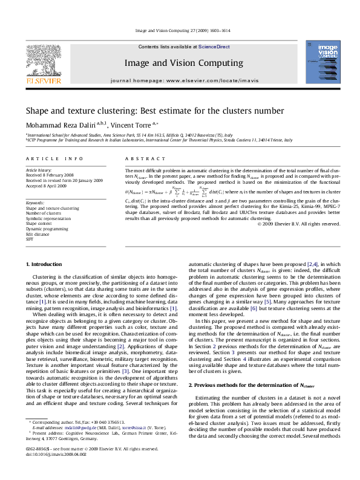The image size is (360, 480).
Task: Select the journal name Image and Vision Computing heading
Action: [180, 62]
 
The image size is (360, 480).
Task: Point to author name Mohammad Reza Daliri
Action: [63, 124]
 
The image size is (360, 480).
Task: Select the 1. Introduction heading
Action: [46, 265]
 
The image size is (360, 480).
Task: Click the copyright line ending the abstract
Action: [298, 224]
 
